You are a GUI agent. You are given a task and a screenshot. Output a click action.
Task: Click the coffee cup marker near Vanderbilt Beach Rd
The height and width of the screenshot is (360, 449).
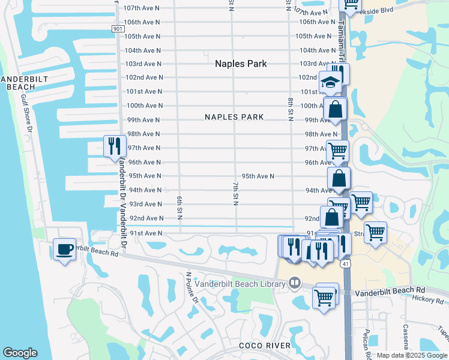tap(65, 250)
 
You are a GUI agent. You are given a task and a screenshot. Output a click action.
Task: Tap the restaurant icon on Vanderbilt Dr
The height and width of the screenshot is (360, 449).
tap(114, 146)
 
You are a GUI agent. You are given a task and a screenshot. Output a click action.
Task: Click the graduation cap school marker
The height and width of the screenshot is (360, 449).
tap(330, 82)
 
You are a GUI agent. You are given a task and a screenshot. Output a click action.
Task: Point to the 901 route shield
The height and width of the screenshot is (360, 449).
tap(118, 28)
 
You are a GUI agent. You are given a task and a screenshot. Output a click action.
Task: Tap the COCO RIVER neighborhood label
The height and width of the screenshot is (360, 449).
tap(265, 346)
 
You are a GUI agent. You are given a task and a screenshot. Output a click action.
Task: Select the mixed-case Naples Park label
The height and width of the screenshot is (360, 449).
tap(241, 64)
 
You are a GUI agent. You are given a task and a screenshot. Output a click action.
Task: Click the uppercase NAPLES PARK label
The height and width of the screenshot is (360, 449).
tap(234, 117)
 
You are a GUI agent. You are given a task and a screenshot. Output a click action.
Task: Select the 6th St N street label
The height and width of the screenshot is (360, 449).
tap(179, 206)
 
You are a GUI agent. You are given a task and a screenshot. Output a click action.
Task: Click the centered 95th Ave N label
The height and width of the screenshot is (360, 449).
tap(258, 176)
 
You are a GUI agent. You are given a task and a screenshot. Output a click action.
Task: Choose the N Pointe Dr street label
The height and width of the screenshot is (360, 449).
tap(191, 288)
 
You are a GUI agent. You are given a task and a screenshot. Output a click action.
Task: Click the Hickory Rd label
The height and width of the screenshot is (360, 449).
tap(428, 298)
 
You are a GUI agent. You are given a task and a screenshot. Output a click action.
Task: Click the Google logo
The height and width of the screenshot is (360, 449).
tap(20, 353)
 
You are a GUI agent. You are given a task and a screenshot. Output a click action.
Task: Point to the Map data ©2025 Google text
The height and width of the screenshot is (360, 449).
tap(412, 355)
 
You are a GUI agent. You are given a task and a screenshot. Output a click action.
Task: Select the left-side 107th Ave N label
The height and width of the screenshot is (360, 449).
tap(142, 8)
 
